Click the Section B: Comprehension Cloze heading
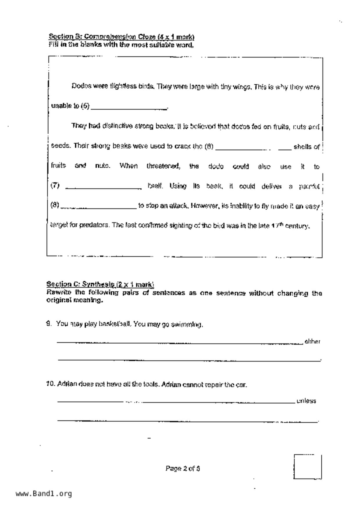[x=121, y=37]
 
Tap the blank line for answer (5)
[x=129, y=108]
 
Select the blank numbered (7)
[x=103, y=188]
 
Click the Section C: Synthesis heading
[x=100, y=284]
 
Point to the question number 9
[x=49, y=324]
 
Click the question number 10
[x=50, y=384]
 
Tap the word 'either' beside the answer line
[x=312, y=342]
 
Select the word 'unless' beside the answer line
[x=306, y=401]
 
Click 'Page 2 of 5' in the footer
[x=182, y=468]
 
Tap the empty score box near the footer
[x=307, y=467]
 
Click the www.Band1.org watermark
[x=44, y=494]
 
